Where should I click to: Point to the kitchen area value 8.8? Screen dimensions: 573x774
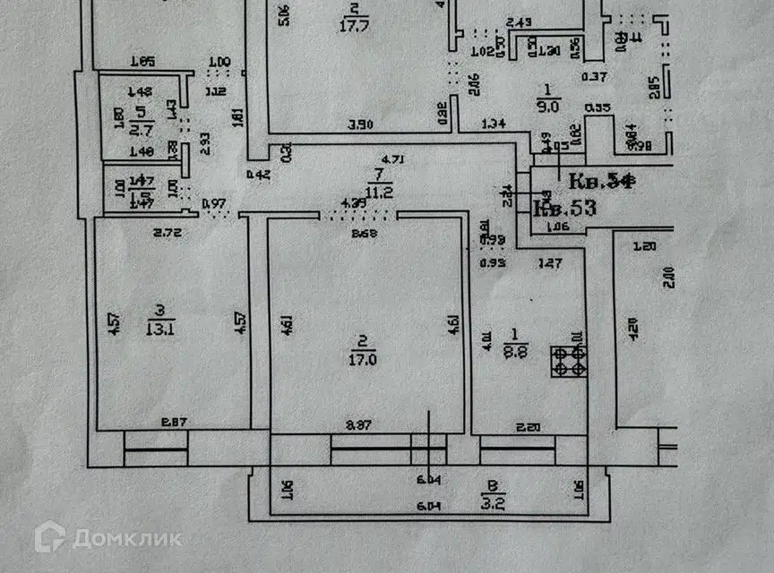pos(516,350)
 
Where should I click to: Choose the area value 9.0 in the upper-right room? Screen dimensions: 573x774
pos(549,104)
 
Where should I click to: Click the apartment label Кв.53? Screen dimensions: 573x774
pos(564,209)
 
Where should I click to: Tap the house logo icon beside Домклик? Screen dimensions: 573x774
pos(50,537)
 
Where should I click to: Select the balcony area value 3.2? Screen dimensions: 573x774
pos(491,502)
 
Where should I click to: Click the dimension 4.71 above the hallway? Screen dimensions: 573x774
pos(393,160)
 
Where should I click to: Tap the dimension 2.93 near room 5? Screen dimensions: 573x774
pos(204,142)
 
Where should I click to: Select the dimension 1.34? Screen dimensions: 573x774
pos(494,124)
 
